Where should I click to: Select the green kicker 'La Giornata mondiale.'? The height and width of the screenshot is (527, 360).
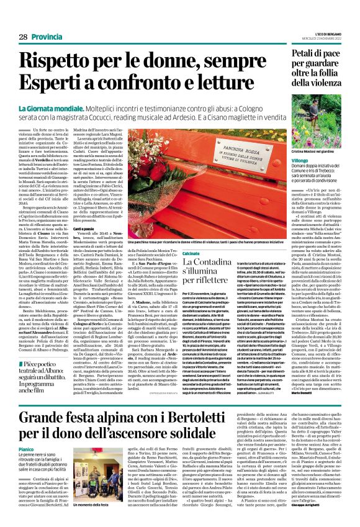[61, 109]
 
